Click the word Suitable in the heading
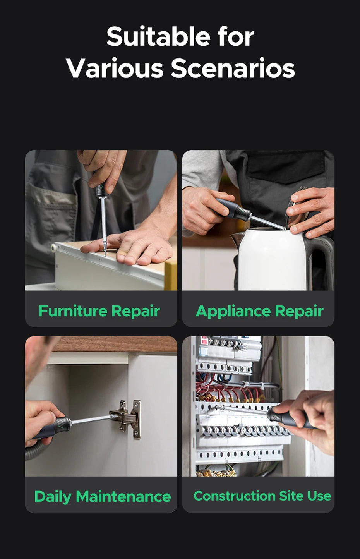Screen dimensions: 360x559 (x=158, y=36)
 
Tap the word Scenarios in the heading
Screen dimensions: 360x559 (x=233, y=68)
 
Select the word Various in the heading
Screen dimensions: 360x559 (x=115, y=68)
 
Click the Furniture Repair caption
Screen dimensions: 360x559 (x=99, y=311)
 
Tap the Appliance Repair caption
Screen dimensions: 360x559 (x=259, y=312)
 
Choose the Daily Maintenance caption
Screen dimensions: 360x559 (x=103, y=496)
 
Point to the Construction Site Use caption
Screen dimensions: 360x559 (x=262, y=496)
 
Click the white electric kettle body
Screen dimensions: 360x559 (x=272, y=259)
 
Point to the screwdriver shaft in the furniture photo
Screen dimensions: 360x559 (x=103, y=225)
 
